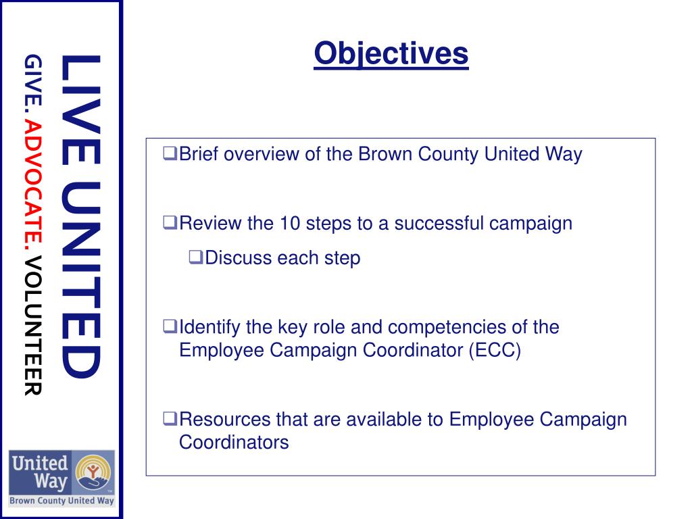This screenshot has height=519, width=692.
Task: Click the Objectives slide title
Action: [x=391, y=53]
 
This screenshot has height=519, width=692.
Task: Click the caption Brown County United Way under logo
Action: [x=61, y=501]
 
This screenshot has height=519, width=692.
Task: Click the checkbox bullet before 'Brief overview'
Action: [x=169, y=154]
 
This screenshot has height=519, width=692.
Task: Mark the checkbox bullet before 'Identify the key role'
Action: [x=169, y=328]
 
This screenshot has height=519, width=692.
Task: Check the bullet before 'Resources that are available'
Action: [x=169, y=419]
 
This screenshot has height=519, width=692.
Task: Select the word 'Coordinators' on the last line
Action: [x=234, y=443]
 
